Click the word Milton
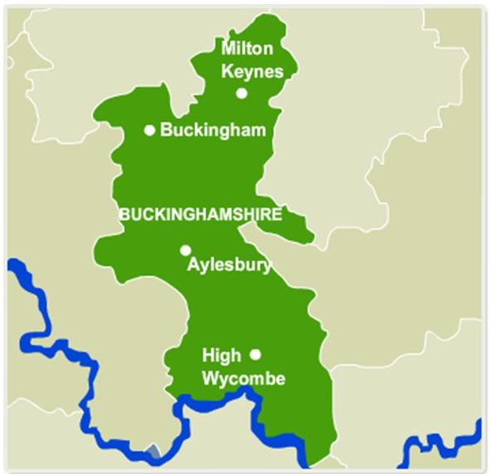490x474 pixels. pos(247,50)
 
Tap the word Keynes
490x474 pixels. pos(252,71)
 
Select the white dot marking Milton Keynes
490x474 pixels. pos(242,93)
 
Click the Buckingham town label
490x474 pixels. pos(213,130)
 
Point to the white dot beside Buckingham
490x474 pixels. pos(150,130)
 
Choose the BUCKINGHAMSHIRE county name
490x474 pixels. pos(200,214)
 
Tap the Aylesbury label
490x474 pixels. pos(229,266)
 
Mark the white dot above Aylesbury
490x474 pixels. pos(185,250)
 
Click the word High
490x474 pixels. pos(222,356)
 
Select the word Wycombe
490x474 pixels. pos(244,379)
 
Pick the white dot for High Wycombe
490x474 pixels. pos(255,354)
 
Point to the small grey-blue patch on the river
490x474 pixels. pos(151,452)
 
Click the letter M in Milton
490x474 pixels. pos(228,50)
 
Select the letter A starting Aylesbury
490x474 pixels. pos(194,266)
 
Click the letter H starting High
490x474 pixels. pos(208,356)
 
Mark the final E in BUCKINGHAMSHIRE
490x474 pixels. pos(277,214)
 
